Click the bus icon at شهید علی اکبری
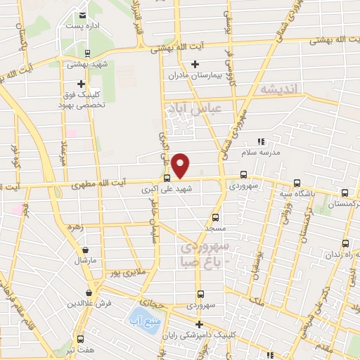167,178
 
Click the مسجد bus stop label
215,229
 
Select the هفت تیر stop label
79,347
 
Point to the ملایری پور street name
124,269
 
